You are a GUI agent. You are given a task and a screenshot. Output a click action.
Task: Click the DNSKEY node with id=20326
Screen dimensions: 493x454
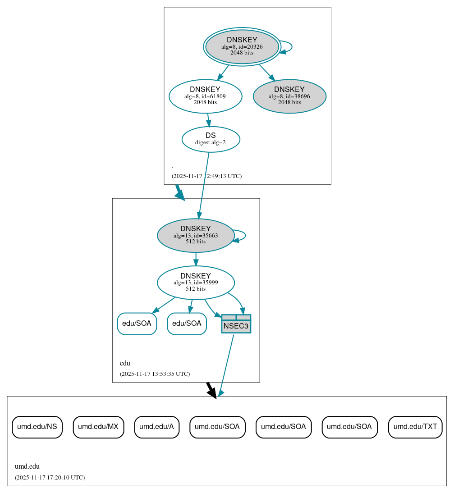tap(242, 46)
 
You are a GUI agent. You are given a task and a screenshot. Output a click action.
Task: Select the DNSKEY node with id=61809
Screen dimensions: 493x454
tap(205, 96)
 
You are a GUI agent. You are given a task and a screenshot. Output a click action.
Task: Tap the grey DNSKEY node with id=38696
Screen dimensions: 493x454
tap(289, 96)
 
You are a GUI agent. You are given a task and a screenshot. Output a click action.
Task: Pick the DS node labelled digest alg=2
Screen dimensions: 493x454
tap(211, 139)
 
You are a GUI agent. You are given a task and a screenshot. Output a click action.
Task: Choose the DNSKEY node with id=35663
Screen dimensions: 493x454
tap(196, 235)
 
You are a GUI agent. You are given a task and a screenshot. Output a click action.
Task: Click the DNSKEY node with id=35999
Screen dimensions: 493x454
tap(196, 283)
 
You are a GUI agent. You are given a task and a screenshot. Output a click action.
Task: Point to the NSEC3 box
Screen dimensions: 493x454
tap(236, 324)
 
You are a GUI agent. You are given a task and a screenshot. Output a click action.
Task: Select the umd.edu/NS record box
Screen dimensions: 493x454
tap(37, 427)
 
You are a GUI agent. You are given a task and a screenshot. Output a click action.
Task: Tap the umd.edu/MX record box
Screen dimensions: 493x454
tap(98, 427)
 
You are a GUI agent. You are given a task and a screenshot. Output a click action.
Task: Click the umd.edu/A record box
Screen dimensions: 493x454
tap(157, 427)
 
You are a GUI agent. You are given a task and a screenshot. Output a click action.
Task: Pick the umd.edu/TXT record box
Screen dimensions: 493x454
tap(415, 427)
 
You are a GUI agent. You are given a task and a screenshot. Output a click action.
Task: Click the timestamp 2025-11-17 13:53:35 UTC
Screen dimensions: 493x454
tap(155, 374)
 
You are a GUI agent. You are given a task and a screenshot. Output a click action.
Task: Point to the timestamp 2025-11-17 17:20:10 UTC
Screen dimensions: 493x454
tap(50, 477)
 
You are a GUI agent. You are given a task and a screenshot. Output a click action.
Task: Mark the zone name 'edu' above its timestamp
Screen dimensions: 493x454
tap(125, 363)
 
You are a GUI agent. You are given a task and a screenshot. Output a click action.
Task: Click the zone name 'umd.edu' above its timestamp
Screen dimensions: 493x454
tap(28, 466)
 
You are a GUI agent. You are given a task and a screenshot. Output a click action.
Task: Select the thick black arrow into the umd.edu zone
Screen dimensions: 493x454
tap(211, 389)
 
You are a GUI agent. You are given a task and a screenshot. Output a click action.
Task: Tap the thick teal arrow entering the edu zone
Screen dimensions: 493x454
tap(179, 192)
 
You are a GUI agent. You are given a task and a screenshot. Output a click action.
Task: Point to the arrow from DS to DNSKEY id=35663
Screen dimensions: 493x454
tap(203, 185)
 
